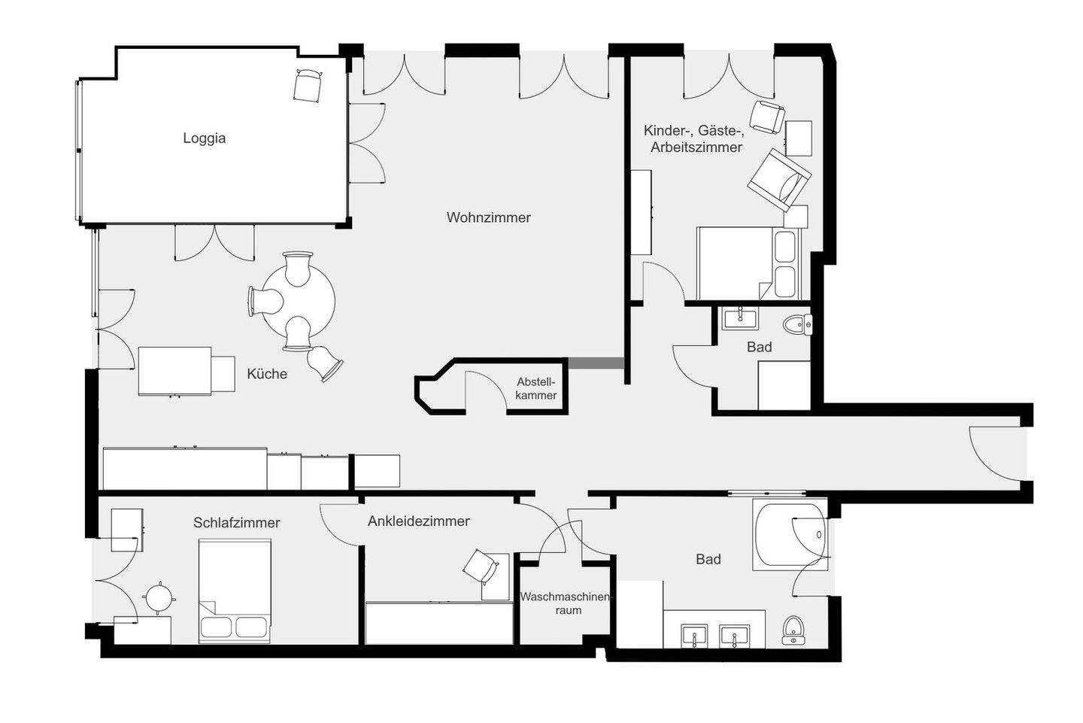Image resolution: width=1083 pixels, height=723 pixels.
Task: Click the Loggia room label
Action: coord(204,138)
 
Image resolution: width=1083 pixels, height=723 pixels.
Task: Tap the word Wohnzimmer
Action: coord(488,217)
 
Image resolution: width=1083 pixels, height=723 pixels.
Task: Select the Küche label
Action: coord(267,373)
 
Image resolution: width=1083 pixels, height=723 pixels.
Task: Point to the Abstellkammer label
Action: coord(536,388)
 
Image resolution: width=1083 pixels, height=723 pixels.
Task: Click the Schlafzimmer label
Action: coord(236,522)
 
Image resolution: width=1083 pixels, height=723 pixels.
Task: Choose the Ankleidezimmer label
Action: coord(418,521)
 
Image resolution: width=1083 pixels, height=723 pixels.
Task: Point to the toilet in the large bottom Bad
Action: coord(792,630)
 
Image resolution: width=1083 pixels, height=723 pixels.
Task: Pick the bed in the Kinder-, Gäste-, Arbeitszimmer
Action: coord(748,264)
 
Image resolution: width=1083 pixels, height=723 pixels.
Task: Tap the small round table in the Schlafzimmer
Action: coord(159,599)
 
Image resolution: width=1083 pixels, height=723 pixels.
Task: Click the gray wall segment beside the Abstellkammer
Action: coord(596,363)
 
